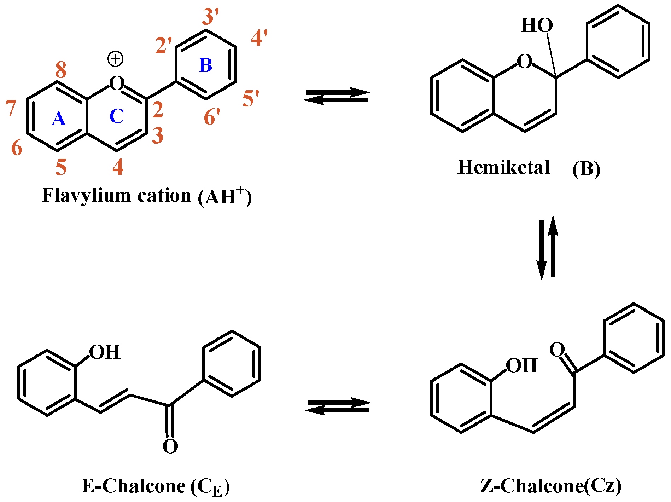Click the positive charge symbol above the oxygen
coord(116,59)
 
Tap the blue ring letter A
coord(59,119)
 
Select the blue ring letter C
coord(117,116)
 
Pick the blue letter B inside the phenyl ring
coord(206,65)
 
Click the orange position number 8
coord(61,70)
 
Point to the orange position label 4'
coord(259,38)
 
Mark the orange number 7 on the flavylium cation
coord(11,108)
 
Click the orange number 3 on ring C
coord(158,135)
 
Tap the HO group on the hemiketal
coord(537,25)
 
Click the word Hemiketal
coord(503,167)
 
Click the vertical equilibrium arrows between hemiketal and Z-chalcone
coord(547,248)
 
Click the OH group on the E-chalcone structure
coord(105,352)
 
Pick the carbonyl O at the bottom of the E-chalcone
coord(170,446)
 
